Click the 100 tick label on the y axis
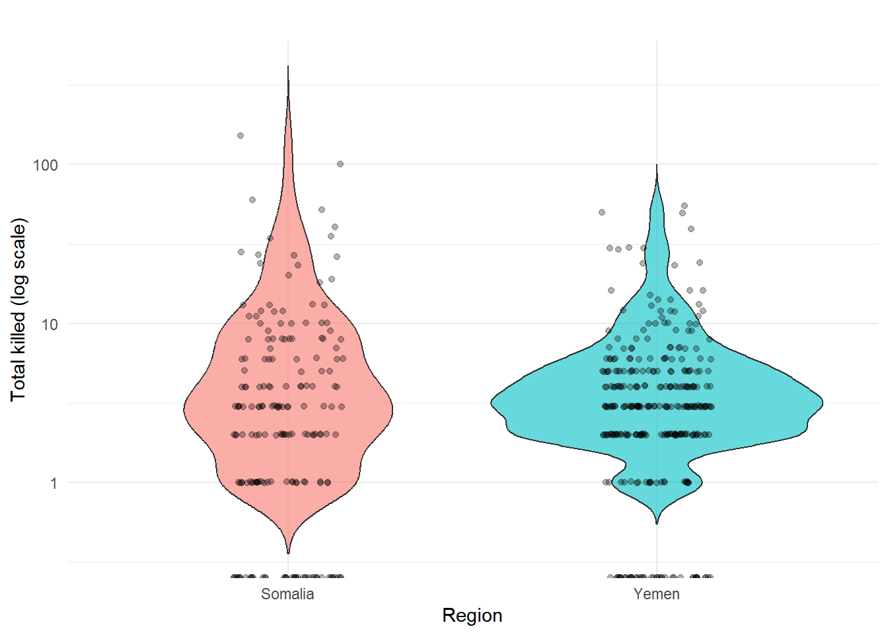pyautogui.click(x=45, y=165)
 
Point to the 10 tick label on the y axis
pyautogui.click(x=49, y=324)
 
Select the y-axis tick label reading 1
pyautogui.click(x=54, y=484)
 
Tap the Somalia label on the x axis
pyautogui.click(x=287, y=594)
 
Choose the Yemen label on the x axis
pyautogui.click(x=656, y=594)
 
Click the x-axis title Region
pyautogui.click(x=472, y=615)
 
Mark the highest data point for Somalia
pyautogui.click(x=240, y=136)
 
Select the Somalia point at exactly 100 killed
pyautogui.click(x=340, y=164)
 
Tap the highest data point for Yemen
pyautogui.click(x=684, y=206)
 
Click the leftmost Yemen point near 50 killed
pyautogui.click(x=602, y=212)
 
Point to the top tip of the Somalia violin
pyautogui.click(x=288, y=66)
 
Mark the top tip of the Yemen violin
pyautogui.click(x=657, y=165)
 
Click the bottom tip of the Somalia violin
pyautogui.click(x=288, y=553)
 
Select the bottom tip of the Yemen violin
pyautogui.click(x=657, y=524)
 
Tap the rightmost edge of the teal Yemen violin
pyautogui.click(x=823, y=402)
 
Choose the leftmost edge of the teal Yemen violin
pyautogui.click(x=491, y=402)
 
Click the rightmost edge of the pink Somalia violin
pyautogui.click(x=392, y=409)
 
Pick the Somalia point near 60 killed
pyautogui.click(x=252, y=200)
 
